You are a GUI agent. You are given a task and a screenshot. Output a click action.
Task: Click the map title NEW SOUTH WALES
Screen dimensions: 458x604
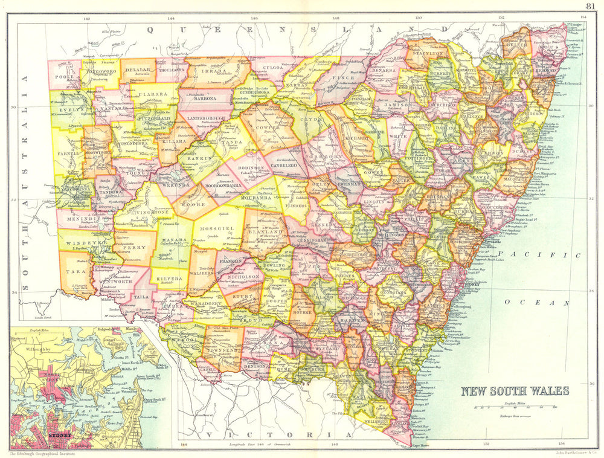coord(515,390)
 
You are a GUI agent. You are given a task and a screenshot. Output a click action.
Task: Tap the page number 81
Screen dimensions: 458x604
coord(590,7)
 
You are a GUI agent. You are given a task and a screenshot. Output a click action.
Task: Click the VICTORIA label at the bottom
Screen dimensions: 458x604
coord(277,435)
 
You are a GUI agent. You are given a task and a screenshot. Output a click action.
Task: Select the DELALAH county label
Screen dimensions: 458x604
coord(138,70)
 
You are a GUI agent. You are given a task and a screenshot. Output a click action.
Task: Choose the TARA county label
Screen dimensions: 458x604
coord(71,272)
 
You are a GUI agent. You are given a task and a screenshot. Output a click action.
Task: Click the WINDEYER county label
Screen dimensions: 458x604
coord(74,243)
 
